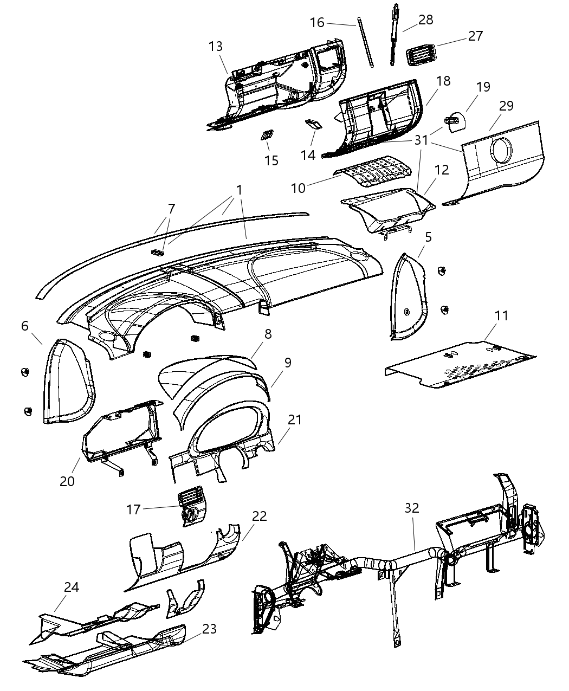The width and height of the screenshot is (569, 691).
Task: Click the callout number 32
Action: pyautogui.click(x=412, y=508)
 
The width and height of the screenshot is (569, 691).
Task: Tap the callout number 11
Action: pyautogui.click(x=502, y=315)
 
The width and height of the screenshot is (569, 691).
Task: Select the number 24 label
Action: pyautogui.click(x=71, y=587)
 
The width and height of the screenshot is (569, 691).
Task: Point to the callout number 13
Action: pyautogui.click(x=216, y=46)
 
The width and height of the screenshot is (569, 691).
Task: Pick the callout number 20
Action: pyautogui.click(x=67, y=481)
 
